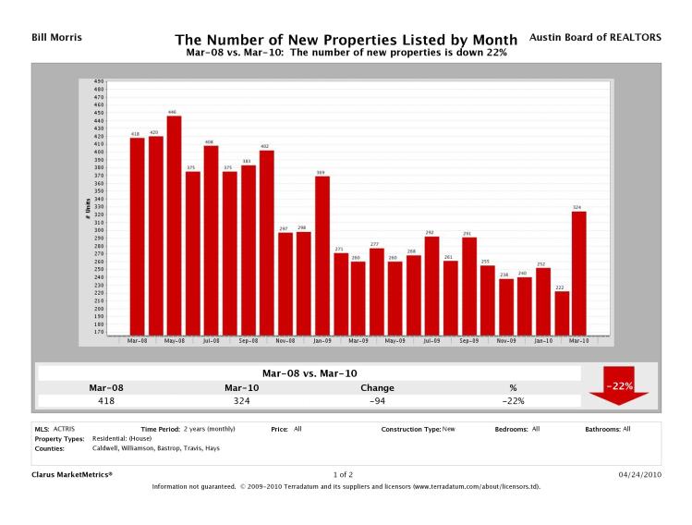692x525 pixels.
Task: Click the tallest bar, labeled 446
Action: (x=174, y=225)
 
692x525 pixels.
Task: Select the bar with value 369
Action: (x=322, y=255)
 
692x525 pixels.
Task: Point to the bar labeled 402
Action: (x=267, y=242)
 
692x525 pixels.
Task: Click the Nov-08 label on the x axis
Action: (x=285, y=340)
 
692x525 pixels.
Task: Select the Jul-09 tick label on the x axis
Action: (x=431, y=340)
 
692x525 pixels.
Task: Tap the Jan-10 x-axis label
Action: (x=542, y=340)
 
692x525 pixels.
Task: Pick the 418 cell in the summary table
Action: (x=106, y=401)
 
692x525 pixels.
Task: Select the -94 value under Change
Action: (x=377, y=401)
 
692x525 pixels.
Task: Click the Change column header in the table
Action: (x=377, y=387)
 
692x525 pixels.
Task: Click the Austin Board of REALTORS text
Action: (x=595, y=38)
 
